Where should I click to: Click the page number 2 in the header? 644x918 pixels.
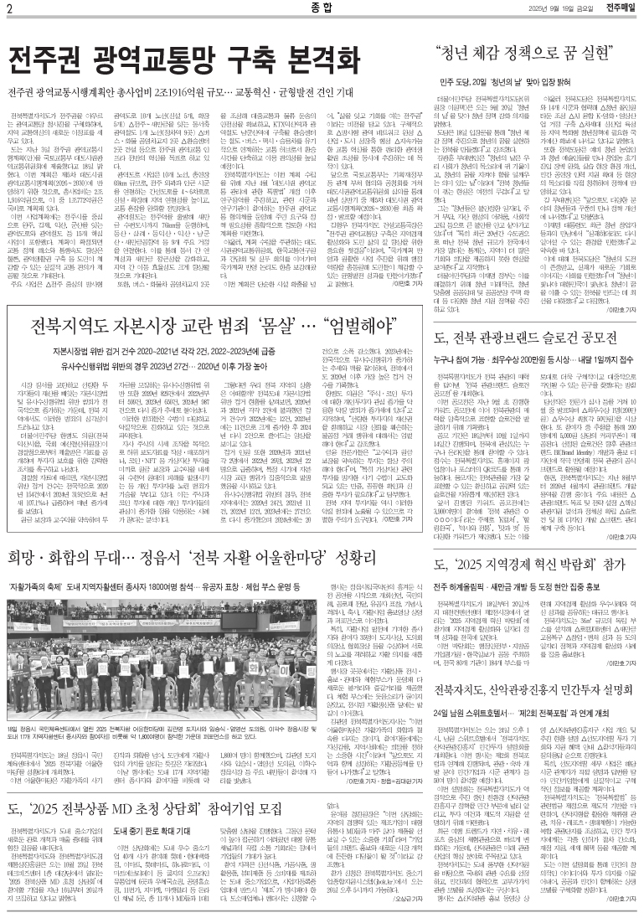click(x=9, y=8)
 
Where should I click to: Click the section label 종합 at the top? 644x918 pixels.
click(x=320, y=8)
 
